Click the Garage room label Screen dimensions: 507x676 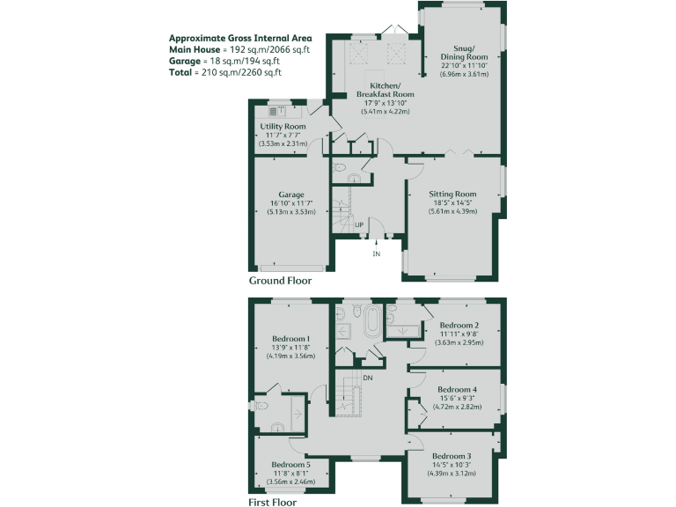pyautogui.click(x=291, y=195)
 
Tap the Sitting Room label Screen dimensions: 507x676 pyautogui.click(x=452, y=194)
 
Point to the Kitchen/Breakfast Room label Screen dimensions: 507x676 pyautogui.click(x=385, y=88)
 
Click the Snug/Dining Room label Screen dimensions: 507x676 pyautogui.click(x=464, y=52)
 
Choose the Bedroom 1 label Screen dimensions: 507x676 pyautogui.click(x=290, y=339)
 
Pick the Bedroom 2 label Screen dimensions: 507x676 pyautogui.click(x=459, y=326)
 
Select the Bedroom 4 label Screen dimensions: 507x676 pyautogui.click(x=457, y=390)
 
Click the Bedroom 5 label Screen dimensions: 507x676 pyautogui.click(x=290, y=464)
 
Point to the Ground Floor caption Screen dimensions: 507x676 pyautogui.click(x=280, y=280)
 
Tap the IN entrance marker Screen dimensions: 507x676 pyautogui.click(x=376, y=253)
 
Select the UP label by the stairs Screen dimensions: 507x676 pyautogui.click(x=359, y=225)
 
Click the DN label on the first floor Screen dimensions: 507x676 pyautogui.click(x=366, y=378)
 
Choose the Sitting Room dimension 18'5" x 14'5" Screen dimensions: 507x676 pyautogui.click(x=452, y=202)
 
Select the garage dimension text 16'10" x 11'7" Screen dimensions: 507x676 pyautogui.click(x=291, y=203)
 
